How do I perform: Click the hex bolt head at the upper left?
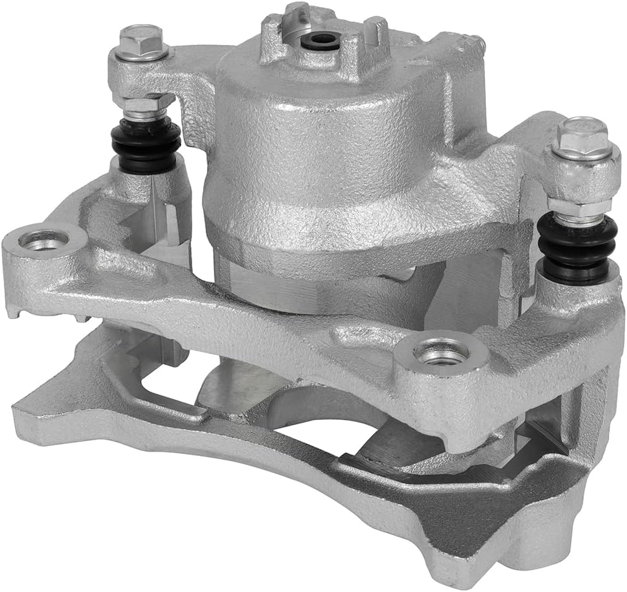click(x=140, y=40)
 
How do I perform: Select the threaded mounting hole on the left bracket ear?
click(x=44, y=240)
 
